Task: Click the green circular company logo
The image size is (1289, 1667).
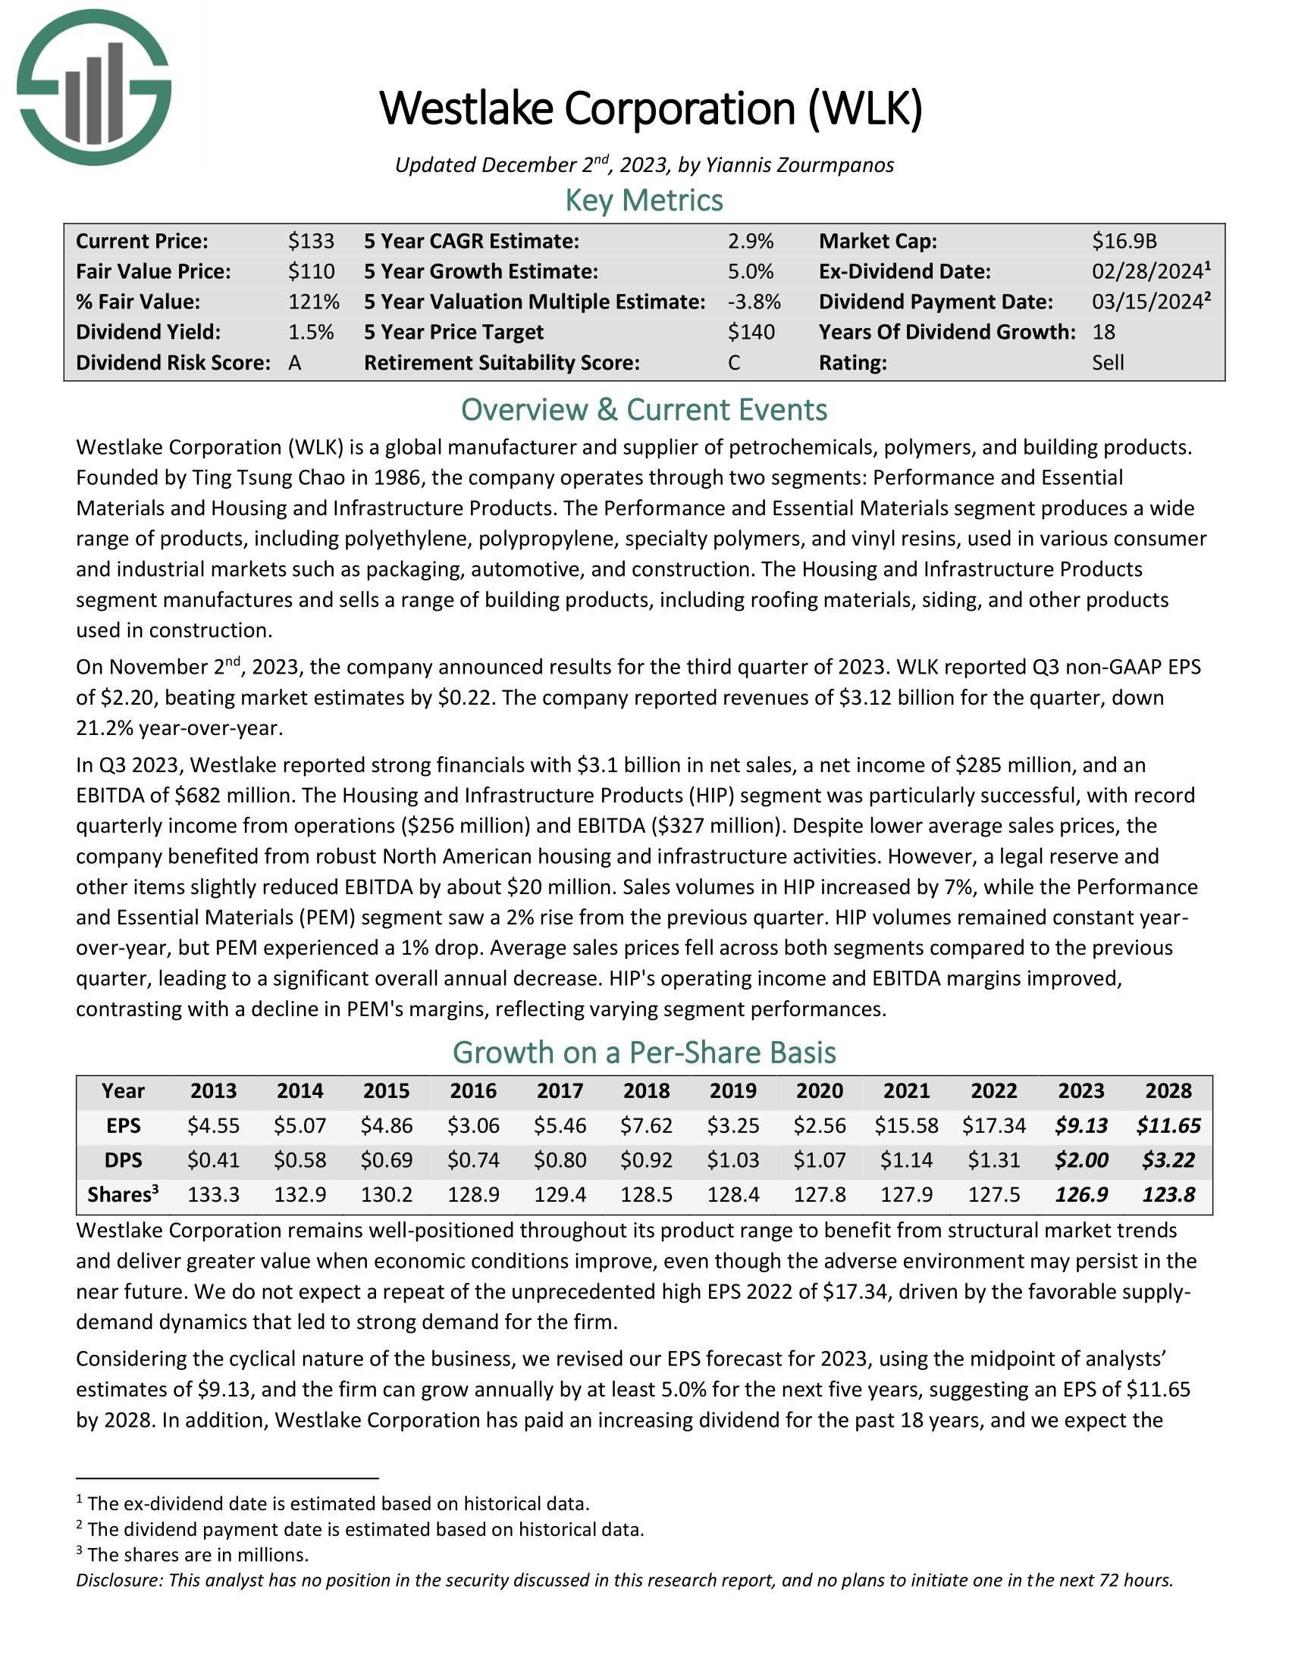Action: (x=94, y=87)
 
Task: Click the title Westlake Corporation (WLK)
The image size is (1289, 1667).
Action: (x=651, y=108)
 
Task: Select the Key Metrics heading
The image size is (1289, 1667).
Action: (x=644, y=201)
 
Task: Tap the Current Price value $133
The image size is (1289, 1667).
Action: (x=311, y=241)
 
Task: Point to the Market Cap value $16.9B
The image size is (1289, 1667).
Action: (x=1124, y=241)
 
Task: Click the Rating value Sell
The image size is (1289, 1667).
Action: (x=1107, y=362)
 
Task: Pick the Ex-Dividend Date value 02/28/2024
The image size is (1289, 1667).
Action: (x=1147, y=272)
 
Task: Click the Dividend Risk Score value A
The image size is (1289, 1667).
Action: (x=295, y=362)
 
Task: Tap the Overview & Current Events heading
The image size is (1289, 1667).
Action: (x=644, y=410)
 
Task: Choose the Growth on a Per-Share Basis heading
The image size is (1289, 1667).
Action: (x=644, y=1052)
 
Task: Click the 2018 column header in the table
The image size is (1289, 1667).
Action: (x=646, y=1090)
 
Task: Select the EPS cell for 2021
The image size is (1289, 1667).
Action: (x=906, y=1126)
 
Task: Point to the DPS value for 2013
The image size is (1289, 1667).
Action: (x=213, y=1160)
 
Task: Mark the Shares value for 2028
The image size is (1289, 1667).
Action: (x=1168, y=1194)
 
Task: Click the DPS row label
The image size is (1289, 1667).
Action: (x=123, y=1160)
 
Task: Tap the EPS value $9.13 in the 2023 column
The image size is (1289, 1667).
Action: (x=1081, y=1126)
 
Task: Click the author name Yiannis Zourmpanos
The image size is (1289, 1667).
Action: (x=799, y=165)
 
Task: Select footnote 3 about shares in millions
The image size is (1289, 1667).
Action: (x=197, y=1555)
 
